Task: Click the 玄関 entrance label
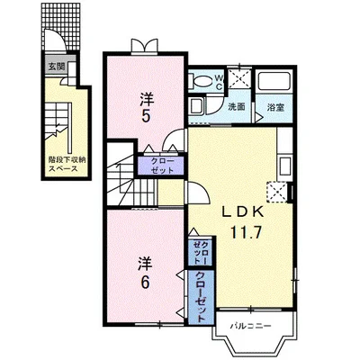click(56, 67)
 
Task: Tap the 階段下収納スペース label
click(67, 164)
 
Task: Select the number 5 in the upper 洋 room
click(146, 116)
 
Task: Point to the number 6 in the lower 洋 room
click(145, 282)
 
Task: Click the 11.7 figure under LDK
click(246, 231)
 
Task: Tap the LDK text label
click(243, 212)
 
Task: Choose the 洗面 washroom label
click(237, 107)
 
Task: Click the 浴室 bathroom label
click(275, 107)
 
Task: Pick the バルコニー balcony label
click(251, 326)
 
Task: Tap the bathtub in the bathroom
click(274, 80)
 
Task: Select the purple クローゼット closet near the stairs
click(161, 166)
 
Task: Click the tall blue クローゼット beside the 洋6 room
click(201, 297)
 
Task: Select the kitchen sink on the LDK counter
click(284, 166)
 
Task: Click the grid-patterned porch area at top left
click(61, 26)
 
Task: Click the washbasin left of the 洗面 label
click(197, 106)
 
